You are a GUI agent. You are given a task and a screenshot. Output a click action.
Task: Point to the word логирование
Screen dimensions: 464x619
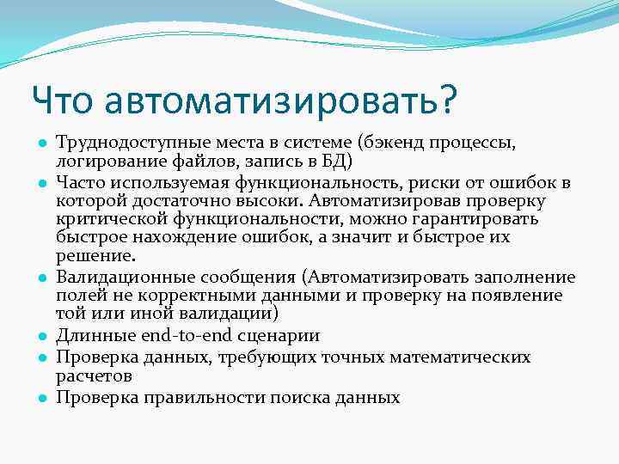(105, 161)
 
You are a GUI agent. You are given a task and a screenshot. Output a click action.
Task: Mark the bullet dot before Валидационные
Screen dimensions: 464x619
(40, 278)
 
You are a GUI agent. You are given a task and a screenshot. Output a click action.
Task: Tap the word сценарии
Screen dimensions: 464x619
(278, 335)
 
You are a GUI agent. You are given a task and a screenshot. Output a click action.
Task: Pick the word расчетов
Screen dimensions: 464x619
(94, 375)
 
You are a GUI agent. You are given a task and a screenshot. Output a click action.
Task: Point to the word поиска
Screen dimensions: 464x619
(309, 397)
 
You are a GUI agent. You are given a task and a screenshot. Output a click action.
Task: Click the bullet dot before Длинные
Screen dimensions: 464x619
(40, 337)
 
